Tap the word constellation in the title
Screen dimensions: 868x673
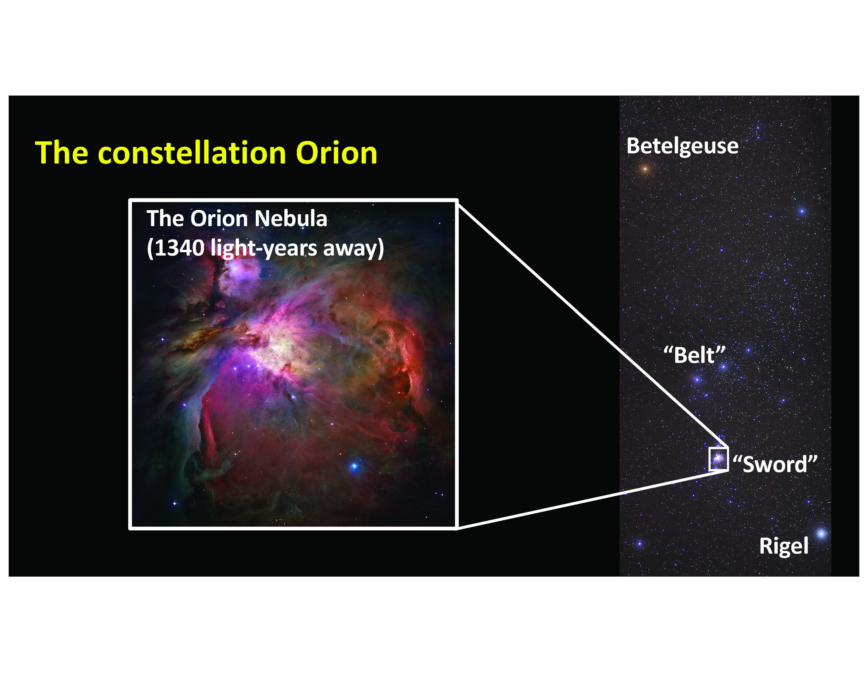192,153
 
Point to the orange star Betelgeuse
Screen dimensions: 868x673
645,169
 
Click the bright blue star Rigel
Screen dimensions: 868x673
821,533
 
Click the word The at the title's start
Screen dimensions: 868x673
62,153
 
